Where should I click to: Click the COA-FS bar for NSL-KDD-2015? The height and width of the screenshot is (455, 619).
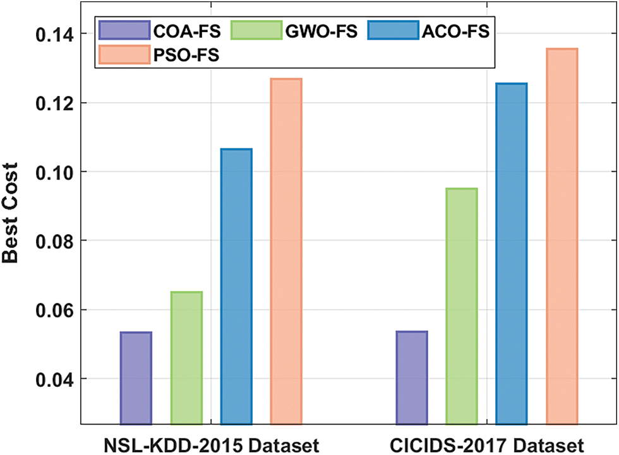click(x=135, y=378)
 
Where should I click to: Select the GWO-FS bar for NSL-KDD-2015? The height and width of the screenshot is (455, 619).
click(x=186, y=358)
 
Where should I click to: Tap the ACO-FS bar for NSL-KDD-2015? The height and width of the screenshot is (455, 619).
click(x=236, y=287)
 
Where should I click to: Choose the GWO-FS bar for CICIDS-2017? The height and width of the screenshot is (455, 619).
click(x=462, y=306)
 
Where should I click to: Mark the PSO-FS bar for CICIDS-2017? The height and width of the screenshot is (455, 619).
click(x=562, y=236)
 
